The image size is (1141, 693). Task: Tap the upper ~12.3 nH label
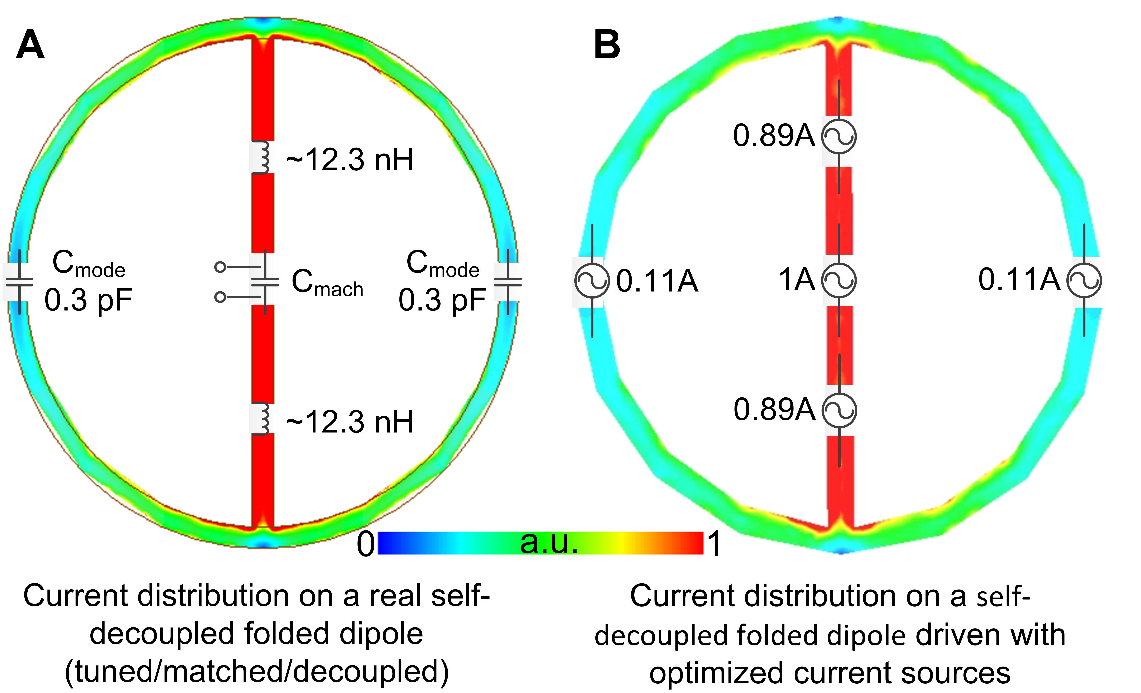350,160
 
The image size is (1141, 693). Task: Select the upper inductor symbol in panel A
263,157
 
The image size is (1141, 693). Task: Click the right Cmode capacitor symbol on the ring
508,281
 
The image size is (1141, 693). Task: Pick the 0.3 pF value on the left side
88,300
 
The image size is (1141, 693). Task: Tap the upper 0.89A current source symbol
839,136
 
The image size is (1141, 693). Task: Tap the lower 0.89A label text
774,409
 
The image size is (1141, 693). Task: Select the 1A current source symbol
839,280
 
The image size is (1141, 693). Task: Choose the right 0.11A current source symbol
1084,281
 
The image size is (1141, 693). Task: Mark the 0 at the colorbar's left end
366,544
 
